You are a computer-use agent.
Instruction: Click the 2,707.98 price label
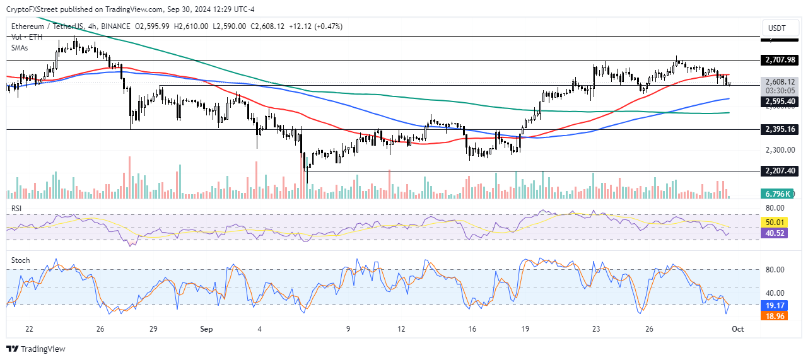click(780, 60)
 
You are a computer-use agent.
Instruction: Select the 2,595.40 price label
click(780, 101)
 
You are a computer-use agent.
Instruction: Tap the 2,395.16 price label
click(780, 129)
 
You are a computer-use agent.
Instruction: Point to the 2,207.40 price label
click(780, 171)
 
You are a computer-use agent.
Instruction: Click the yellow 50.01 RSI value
click(774, 222)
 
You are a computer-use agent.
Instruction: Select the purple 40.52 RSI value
click(774, 233)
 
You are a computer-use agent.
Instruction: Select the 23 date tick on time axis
click(596, 329)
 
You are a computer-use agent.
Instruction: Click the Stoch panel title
click(20, 260)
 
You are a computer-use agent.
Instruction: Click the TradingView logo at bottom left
click(36, 349)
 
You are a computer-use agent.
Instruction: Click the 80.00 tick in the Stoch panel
click(775, 270)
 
